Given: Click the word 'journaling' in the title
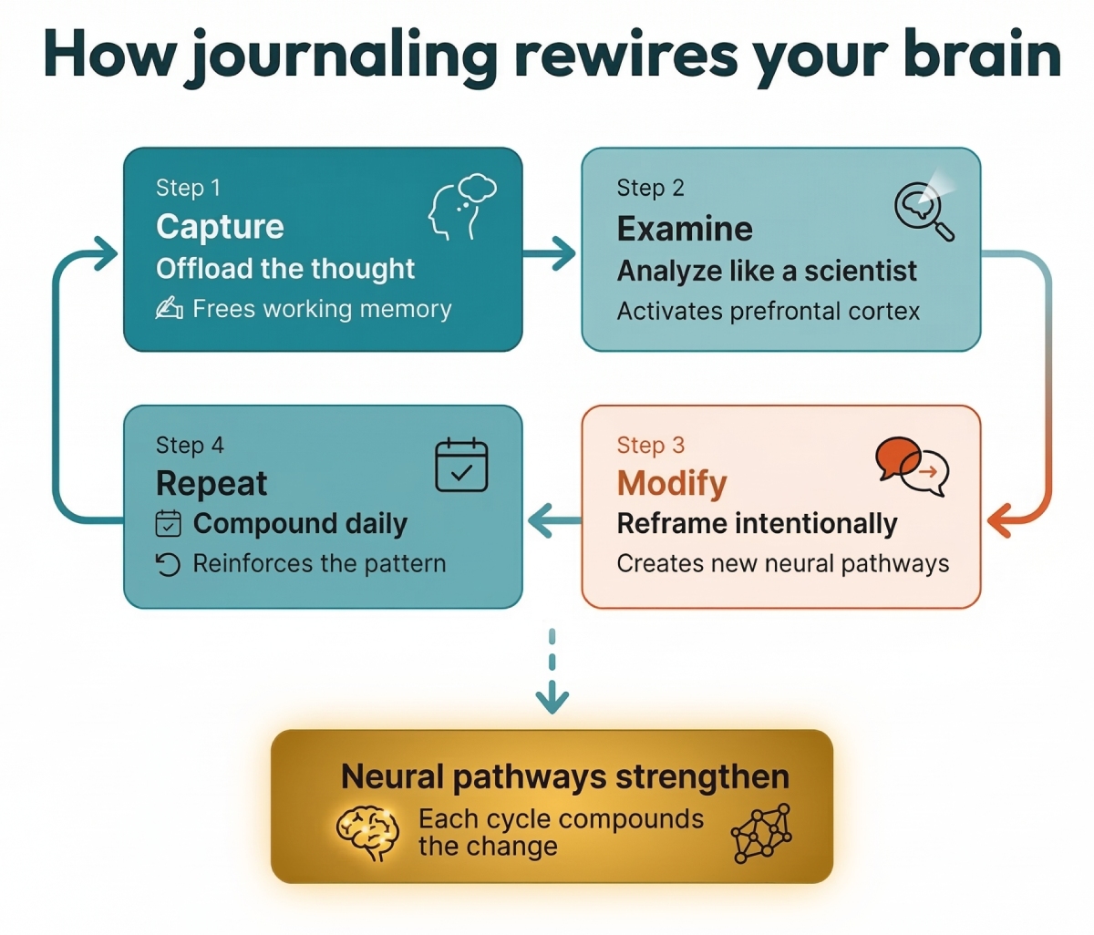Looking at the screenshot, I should pyautogui.click(x=345, y=57).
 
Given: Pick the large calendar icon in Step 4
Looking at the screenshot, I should pyautogui.click(x=461, y=465).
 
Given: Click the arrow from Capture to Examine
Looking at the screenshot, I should pyautogui.click(x=551, y=253).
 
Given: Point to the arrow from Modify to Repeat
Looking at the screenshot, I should pyautogui.click(x=552, y=521).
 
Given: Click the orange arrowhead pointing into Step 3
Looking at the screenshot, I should pyautogui.click(x=999, y=521).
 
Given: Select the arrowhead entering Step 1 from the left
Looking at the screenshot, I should pyautogui.click(x=102, y=253).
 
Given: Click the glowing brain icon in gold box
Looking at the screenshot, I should pyautogui.click(x=368, y=832).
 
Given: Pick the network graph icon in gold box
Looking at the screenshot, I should pyautogui.click(x=762, y=833).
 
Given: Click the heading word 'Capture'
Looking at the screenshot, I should pyautogui.click(x=220, y=226).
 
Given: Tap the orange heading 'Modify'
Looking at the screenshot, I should pyautogui.click(x=672, y=483).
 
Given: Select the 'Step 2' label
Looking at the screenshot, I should pyautogui.click(x=650, y=188).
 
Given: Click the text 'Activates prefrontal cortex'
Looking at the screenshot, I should pyautogui.click(x=768, y=312).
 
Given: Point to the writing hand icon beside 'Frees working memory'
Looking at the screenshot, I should pyautogui.click(x=169, y=309).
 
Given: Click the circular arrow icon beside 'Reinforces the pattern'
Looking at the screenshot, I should pyautogui.click(x=168, y=565).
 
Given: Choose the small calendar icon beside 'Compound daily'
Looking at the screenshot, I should pyautogui.click(x=169, y=524).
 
